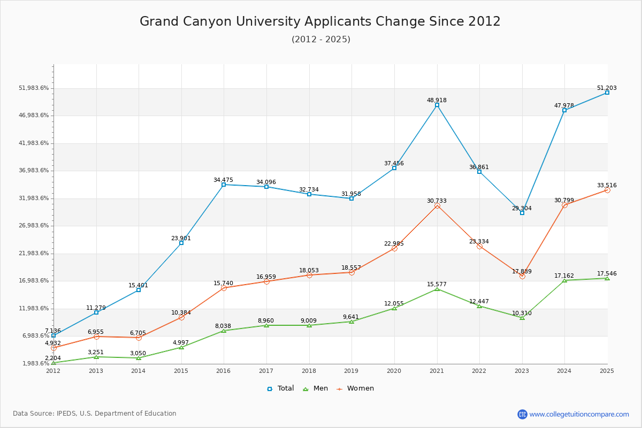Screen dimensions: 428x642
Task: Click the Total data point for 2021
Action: point(437,105)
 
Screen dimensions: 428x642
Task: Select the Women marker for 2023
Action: point(522,276)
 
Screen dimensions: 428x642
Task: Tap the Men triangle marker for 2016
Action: point(224,331)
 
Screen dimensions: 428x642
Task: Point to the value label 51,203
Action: point(607,88)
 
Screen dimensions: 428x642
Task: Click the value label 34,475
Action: point(224,180)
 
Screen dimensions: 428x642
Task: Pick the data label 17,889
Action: point(522,271)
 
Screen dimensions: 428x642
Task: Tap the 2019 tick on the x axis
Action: point(351,371)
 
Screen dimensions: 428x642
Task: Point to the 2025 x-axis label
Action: point(607,371)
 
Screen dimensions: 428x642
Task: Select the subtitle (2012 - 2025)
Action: point(321,40)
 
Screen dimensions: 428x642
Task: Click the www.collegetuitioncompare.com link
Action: point(579,414)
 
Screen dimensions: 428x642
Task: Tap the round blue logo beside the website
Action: point(522,414)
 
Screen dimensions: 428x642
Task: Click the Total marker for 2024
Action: point(564,110)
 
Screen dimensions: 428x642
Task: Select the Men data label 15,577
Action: point(437,284)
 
